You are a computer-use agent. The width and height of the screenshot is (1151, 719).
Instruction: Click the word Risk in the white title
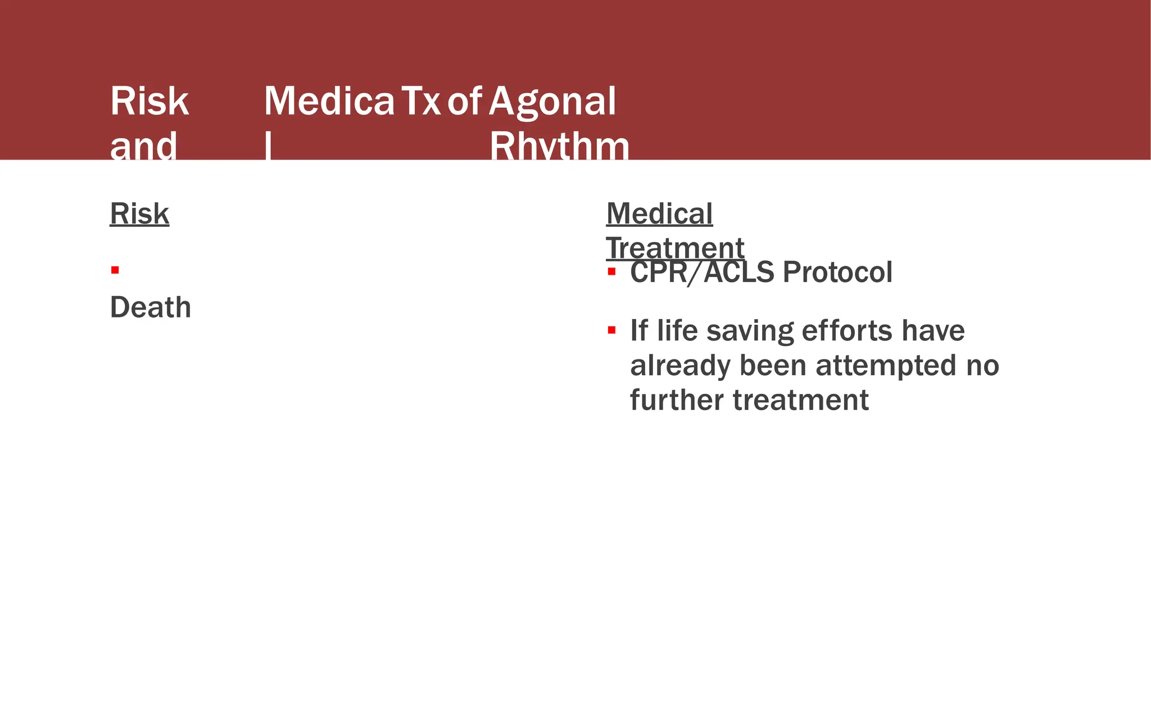tap(149, 102)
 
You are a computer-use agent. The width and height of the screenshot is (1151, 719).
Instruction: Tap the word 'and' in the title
tap(143, 146)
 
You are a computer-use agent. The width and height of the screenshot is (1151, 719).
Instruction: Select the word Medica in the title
tap(329, 102)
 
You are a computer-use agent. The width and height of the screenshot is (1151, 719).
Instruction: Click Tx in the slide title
tap(421, 102)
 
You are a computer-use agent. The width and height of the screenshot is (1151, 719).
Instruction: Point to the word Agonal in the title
tap(552, 102)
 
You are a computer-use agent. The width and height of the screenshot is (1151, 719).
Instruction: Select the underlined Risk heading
tap(139, 214)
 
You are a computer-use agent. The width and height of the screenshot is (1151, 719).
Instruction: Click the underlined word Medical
tap(659, 214)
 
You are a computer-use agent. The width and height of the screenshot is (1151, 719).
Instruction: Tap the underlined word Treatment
tap(675, 248)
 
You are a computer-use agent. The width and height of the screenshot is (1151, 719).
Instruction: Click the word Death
tap(151, 307)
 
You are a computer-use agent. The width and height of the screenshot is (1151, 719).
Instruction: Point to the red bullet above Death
tap(115, 270)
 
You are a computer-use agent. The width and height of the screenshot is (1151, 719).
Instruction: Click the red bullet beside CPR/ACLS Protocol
tap(611, 272)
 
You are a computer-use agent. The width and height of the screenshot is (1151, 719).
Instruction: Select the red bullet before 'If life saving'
tap(611, 330)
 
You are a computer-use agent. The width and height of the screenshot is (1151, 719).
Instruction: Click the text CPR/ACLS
tap(702, 272)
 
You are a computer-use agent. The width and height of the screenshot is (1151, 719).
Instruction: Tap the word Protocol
tap(837, 272)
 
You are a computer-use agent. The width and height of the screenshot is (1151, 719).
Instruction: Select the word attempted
tap(886, 365)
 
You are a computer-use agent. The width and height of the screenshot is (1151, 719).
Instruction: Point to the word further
tap(677, 400)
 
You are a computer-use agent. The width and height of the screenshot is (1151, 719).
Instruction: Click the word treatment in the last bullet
tap(801, 400)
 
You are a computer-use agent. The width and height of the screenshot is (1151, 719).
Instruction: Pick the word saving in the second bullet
tap(750, 330)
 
